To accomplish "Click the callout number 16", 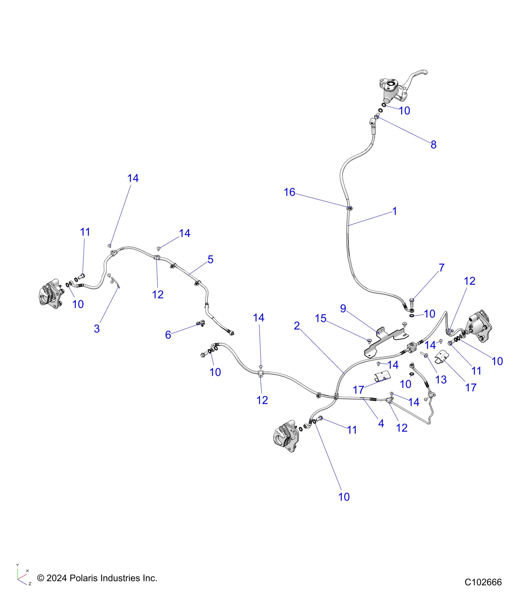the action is coord(289,192).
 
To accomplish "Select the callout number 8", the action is coord(433,145).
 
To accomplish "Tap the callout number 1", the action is coord(395,211).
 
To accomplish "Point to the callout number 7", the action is coord(441,268).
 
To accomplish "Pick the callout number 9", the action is coord(343,308).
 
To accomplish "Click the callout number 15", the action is coord(320,318).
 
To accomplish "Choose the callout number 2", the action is coord(297,326).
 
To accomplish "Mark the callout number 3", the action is coord(97,328).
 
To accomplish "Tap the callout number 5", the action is coord(210,259).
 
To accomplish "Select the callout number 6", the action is coord(168,335).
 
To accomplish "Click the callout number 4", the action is coord(381,423).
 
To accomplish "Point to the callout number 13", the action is coord(441,380).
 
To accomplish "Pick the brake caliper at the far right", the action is coord(480,326).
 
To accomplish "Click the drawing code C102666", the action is coord(483,582).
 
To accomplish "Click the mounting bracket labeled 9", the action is coord(385,342).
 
